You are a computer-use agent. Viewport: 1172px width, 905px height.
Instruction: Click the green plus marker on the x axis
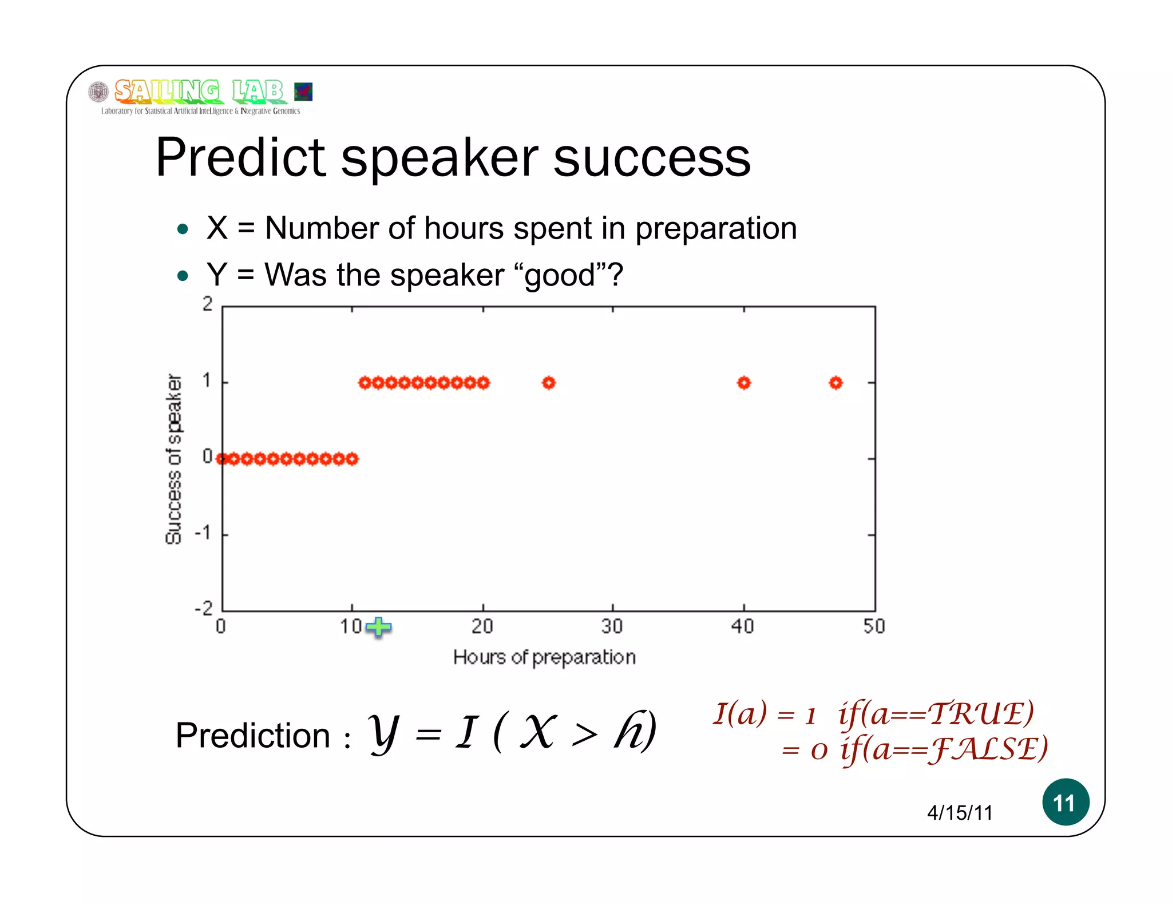click(x=378, y=627)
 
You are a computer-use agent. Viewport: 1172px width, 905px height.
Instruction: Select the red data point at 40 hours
click(x=743, y=383)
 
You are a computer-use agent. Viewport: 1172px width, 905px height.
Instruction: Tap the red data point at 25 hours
click(x=548, y=383)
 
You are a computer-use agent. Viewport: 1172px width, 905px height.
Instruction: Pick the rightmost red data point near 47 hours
click(x=836, y=383)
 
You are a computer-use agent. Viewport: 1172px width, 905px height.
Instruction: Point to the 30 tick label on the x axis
click(x=612, y=626)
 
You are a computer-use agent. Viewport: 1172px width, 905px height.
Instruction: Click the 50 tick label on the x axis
click(x=874, y=626)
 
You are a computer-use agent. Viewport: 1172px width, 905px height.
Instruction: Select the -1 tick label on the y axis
click(x=203, y=533)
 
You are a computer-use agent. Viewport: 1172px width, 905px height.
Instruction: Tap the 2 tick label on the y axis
click(x=207, y=304)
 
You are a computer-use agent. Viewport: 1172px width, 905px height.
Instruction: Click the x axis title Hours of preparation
click(x=544, y=657)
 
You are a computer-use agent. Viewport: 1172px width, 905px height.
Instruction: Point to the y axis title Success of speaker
click(x=173, y=459)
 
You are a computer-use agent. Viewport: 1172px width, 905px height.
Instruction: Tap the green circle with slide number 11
click(x=1065, y=802)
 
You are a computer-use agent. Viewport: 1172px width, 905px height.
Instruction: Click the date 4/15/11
click(x=960, y=812)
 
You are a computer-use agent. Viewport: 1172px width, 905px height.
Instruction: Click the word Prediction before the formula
click(x=252, y=736)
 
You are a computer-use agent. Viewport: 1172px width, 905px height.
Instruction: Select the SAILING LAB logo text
click(x=199, y=91)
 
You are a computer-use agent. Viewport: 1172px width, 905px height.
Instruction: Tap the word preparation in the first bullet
click(x=716, y=228)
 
